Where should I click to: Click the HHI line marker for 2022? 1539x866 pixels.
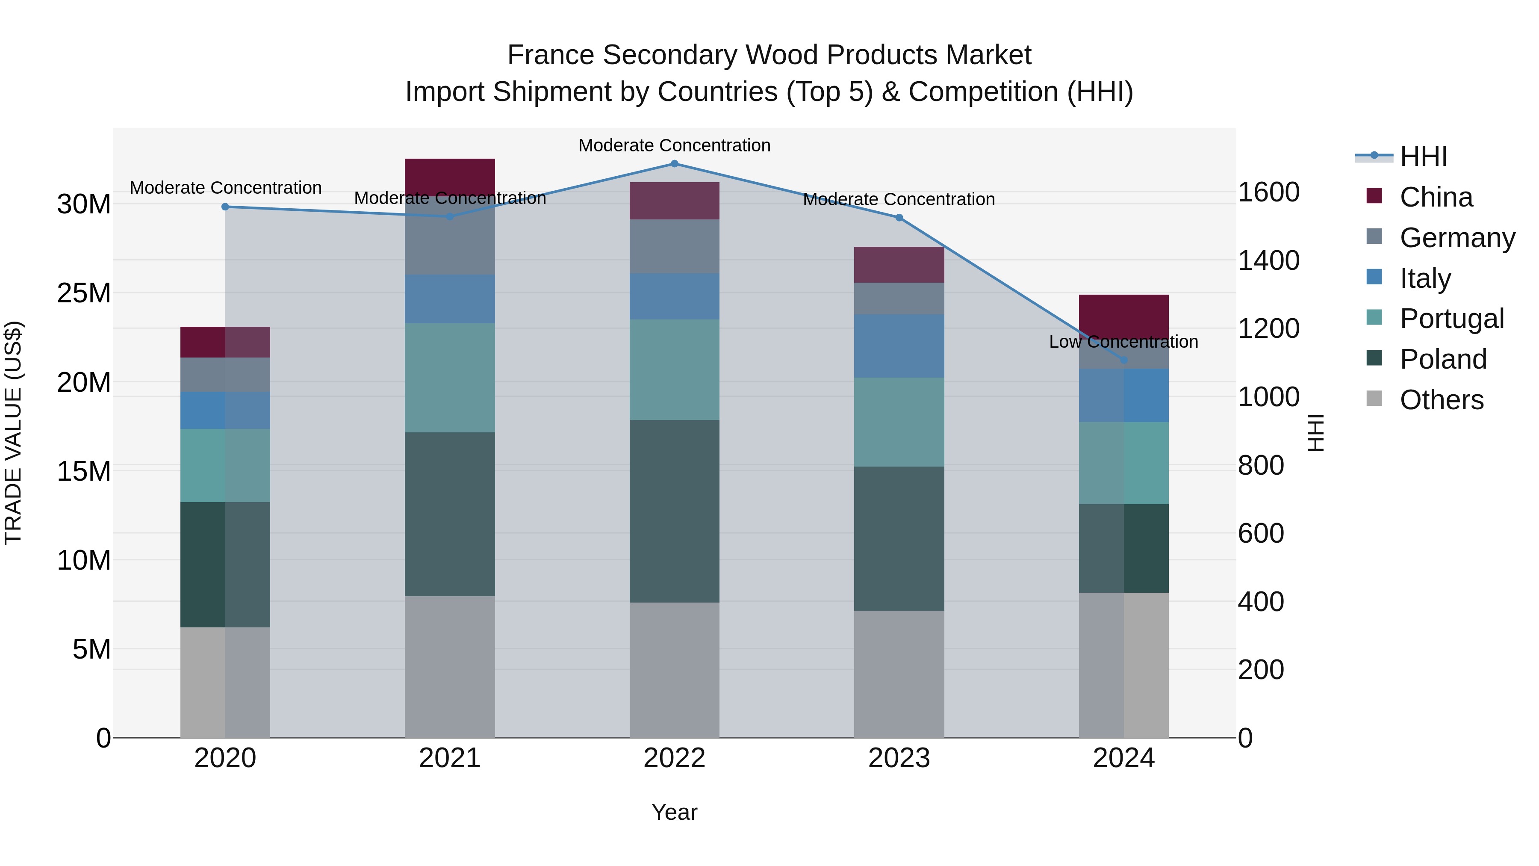click(675, 164)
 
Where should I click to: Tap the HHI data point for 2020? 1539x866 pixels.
click(225, 207)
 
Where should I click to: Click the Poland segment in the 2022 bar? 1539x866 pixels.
click(675, 511)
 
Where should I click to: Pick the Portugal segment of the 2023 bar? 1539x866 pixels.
click(899, 422)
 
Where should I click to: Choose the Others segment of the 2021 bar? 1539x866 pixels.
click(450, 666)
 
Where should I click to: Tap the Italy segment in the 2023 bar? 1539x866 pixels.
click(899, 346)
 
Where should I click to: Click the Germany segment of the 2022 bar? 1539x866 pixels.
click(675, 246)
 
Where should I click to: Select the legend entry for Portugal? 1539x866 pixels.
click(1452, 319)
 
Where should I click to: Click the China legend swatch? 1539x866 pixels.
click(1374, 196)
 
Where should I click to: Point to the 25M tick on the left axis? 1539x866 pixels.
click(84, 293)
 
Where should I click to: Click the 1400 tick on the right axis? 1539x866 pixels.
click(1268, 260)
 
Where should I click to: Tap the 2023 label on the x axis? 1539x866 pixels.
click(899, 758)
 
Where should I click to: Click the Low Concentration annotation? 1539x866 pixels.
click(1124, 342)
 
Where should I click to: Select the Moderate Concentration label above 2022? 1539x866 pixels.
click(675, 145)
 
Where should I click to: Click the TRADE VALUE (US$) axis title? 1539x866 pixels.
click(13, 433)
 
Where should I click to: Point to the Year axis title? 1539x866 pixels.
click(675, 812)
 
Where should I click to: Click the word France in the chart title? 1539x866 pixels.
click(551, 55)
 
